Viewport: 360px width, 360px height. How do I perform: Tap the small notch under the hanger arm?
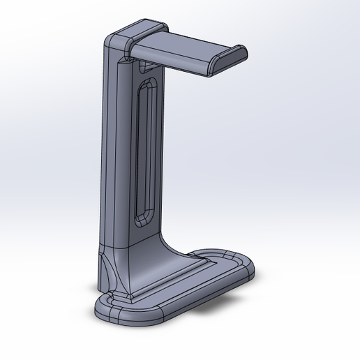pyautogui.click(x=145, y=67)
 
